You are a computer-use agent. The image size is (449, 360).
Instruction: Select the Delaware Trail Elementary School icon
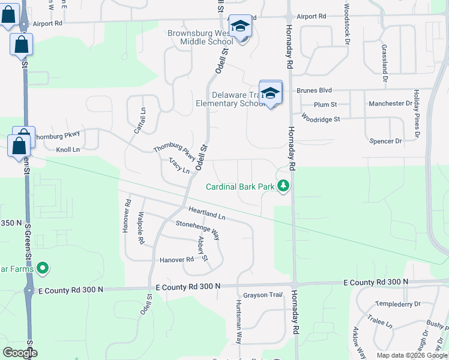tap(271, 93)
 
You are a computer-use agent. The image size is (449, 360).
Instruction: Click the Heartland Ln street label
tap(207, 212)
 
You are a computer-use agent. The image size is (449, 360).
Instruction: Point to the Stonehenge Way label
tap(197, 230)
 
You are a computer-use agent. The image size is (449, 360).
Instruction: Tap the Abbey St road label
tap(203, 248)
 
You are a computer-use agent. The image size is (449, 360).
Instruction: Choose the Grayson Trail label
tap(262, 295)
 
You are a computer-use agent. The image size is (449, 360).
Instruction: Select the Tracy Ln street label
tap(179, 166)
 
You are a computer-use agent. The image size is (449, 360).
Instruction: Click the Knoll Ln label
tap(68, 149)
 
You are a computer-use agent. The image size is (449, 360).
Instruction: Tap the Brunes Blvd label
tap(314, 91)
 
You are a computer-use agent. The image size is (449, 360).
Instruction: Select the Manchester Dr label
tap(391, 104)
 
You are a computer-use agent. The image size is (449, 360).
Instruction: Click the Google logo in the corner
tap(20, 353)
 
